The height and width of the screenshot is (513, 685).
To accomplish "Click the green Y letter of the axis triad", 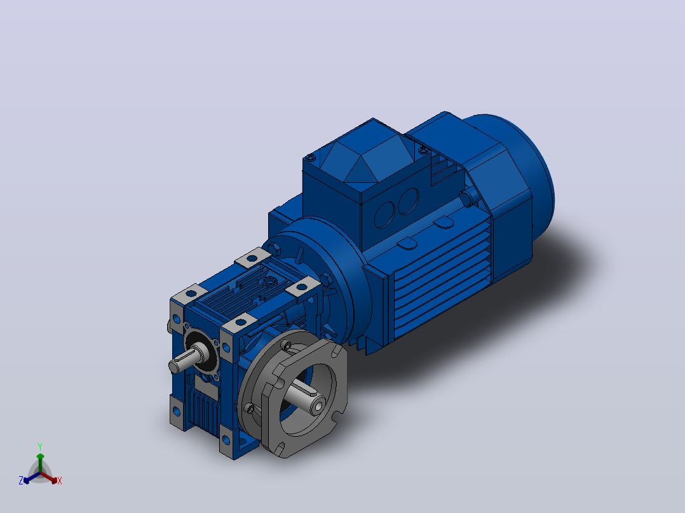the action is tap(40, 446).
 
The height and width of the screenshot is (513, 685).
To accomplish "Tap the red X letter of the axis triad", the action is tap(60, 481).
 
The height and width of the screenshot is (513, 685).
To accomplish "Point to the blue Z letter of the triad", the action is tap(21, 481).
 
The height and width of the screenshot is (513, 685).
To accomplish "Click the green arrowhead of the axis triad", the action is tap(40, 456).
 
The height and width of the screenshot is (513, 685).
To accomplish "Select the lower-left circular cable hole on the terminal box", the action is tap(385, 215).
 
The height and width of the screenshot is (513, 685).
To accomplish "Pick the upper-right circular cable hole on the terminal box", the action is tap(409, 201).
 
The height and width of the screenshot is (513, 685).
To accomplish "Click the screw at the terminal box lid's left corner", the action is tap(311, 157).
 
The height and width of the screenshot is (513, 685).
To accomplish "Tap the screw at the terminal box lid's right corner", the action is tap(423, 150).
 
